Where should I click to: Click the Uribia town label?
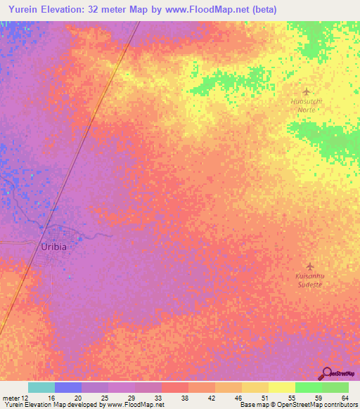(x=55, y=247)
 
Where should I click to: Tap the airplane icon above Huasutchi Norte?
(x=306, y=91)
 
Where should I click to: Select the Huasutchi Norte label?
(x=306, y=105)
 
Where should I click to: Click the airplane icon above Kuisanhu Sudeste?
(x=309, y=266)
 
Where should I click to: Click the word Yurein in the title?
(x=22, y=9)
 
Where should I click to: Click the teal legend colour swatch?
(x=41, y=388)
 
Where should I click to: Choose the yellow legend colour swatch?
(x=281, y=388)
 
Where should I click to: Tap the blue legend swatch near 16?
(x=67, y=388)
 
